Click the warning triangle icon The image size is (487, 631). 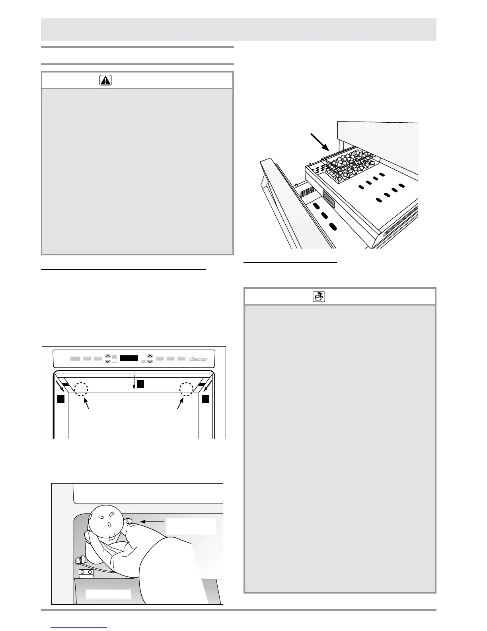pos(105,80)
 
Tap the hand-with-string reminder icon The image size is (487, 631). pos(319,296)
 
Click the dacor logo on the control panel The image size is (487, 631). pos(198,359)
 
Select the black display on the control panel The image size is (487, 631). pos(129,358)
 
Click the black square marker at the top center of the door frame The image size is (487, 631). pos(140,384)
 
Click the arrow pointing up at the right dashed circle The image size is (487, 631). pos(180,404)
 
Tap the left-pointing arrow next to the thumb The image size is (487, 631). pos(153,521)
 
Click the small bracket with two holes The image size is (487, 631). pos(87,572)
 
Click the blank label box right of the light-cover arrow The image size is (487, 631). pos(191,526)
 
